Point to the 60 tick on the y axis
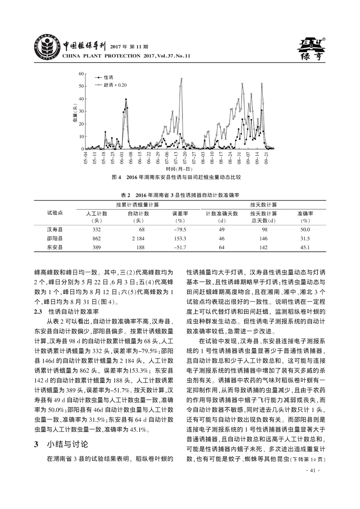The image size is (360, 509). tap(81, 73)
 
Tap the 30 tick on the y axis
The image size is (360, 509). tap(81, 111)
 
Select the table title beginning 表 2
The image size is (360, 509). tap(179, 195)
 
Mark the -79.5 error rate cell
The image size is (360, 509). tap(180, 230)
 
